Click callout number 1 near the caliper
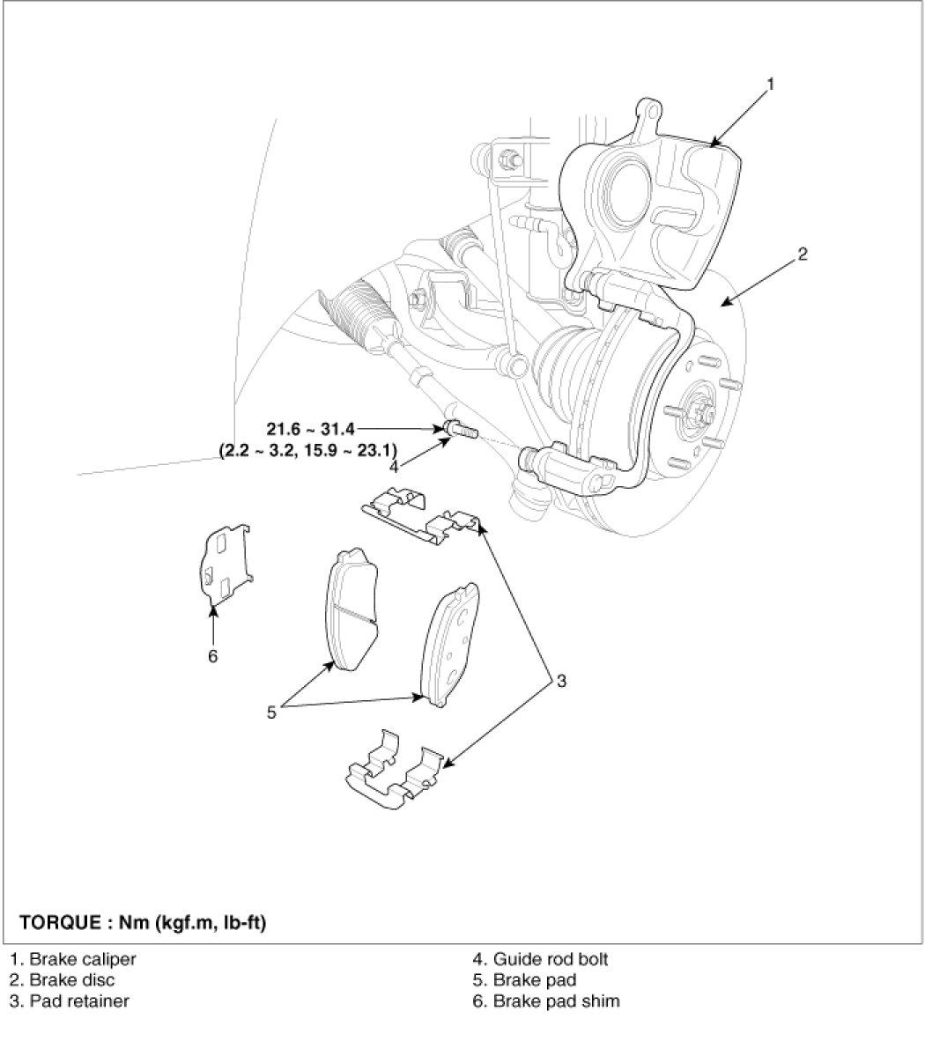(770, 85)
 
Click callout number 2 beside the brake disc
(803, 254)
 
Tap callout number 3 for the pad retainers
(561, 681)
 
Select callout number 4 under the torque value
(394, 467)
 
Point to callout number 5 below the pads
(271, 712)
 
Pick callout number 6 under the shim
(212, 656)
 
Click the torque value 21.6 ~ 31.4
(311, 429)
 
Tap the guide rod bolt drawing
(460, 429)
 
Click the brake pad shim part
(226, 565)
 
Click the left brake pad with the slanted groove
(351, 609)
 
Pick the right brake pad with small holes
(449, 644)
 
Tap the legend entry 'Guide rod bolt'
(540, 959)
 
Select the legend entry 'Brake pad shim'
(546, 1000)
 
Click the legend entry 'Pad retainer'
(69, 1000)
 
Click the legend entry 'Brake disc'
(62, 980)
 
